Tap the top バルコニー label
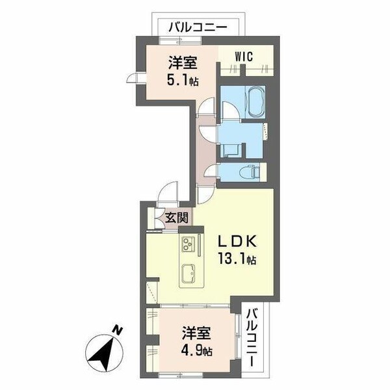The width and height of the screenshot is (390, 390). [x=198, y=27]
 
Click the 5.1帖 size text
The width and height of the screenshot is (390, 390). [x=182, y=81]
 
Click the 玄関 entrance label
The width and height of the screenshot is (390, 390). [x=176, y=218]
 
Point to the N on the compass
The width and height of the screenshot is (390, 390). [x=115, y=332]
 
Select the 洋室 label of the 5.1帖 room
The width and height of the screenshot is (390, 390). [x=183, y=63]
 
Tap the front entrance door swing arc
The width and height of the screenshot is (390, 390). [x=166, y=194]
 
